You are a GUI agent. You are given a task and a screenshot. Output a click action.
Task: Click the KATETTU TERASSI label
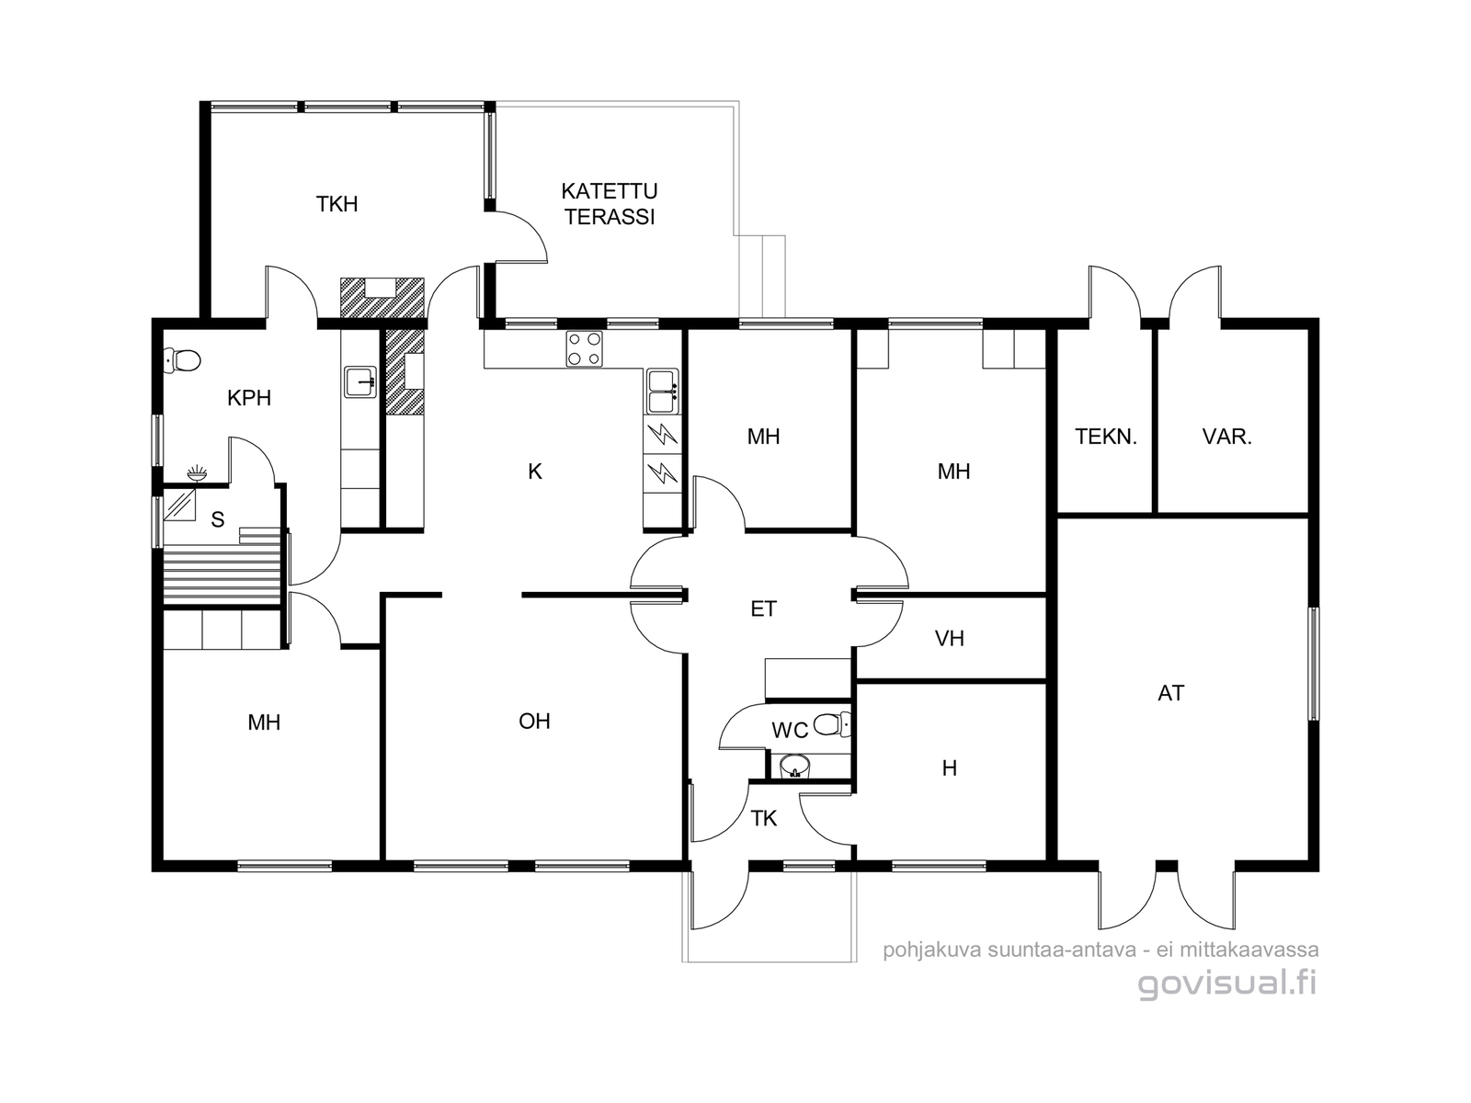[x=609, y=203]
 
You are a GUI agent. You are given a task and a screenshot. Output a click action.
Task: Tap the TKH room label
[x=336, y=204]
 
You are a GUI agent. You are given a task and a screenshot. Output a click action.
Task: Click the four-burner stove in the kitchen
[x=584, y=349]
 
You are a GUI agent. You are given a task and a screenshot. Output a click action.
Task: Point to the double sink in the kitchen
[x=663, y=392]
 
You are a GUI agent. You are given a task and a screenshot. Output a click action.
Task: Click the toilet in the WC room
[x=832, y=724]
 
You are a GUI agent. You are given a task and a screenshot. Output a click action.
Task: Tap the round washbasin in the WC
[x=795, y=765]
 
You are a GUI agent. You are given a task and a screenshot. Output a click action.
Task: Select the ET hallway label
[x=763, y=608]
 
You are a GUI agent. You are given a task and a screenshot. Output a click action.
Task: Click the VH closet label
[x=950, y=639]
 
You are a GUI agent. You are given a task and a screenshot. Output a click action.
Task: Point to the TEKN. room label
[x=1106, y=438]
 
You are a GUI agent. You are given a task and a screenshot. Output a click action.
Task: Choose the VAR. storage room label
[x=1227, y=438]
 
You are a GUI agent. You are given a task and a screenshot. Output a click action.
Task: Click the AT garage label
[x=1170, y=693]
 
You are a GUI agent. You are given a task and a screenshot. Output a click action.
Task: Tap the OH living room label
[x=534, y=722]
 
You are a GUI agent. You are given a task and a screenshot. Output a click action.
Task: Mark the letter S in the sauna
[x=217, y=519]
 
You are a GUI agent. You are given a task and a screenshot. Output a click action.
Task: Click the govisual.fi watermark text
[x=1227, y=984]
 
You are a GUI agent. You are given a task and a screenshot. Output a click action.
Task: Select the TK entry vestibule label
[x=764, y=818]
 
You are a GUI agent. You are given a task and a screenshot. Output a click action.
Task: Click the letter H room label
[x=950, y=768]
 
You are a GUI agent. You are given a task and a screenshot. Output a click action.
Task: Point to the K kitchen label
[x=535, y=472]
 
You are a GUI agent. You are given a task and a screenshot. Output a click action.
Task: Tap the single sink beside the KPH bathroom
[x=360, y=381]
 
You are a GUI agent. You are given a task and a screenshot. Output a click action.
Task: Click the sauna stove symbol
[x=179, y=504]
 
